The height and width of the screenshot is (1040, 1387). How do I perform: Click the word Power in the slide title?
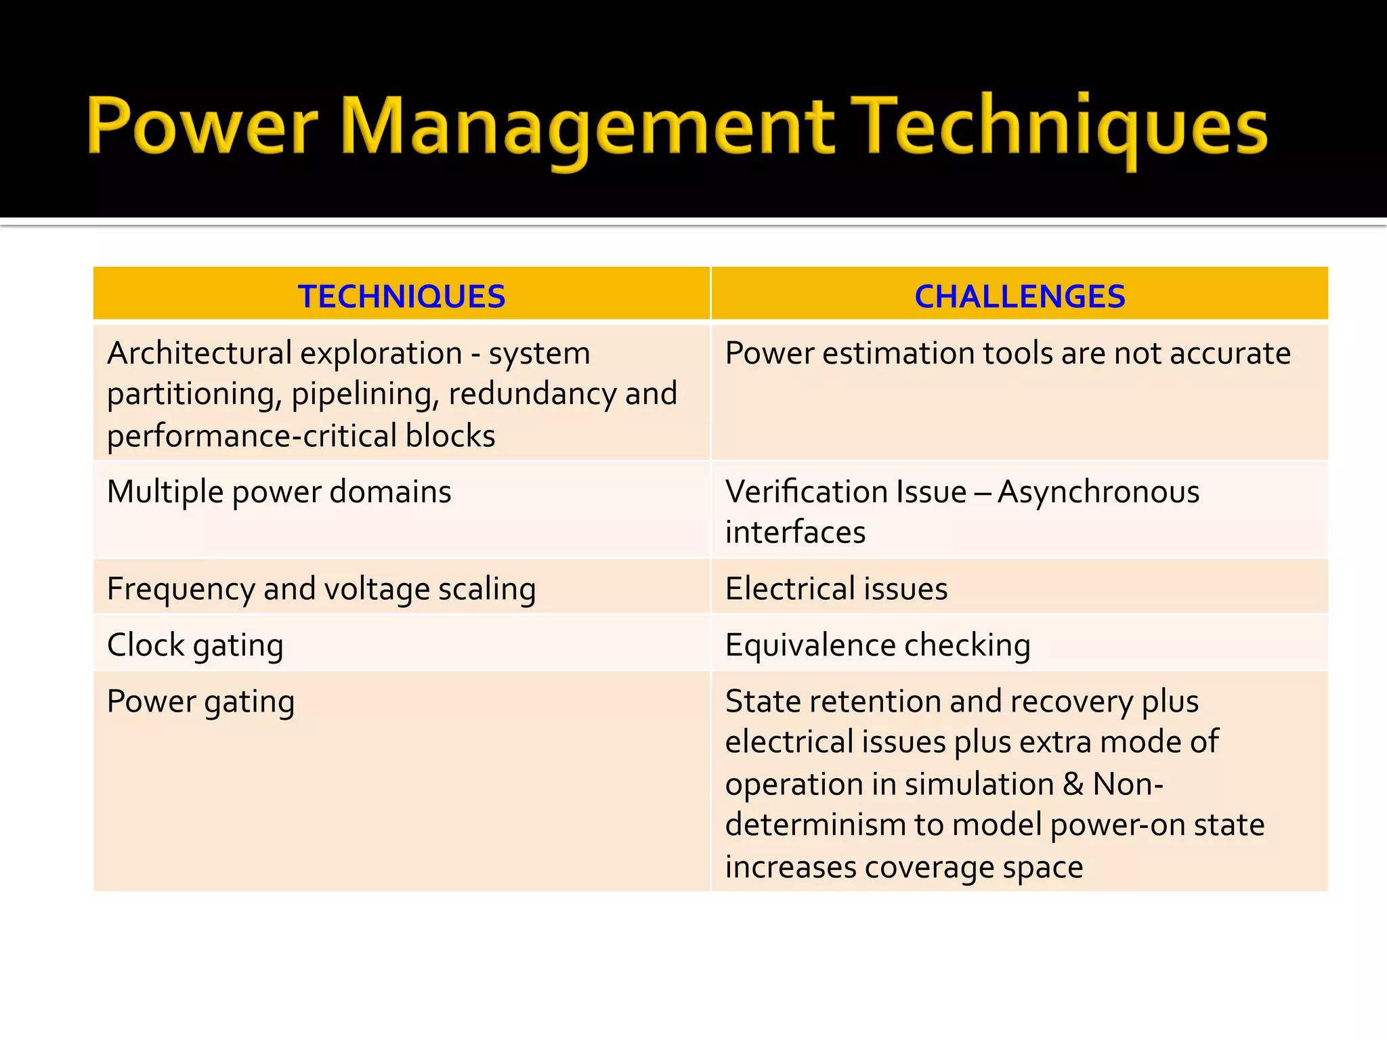click(x=202, y=126)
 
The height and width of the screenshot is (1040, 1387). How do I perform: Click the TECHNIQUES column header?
click(x=402, y=297)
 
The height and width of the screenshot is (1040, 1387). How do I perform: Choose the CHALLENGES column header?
click(x=1019, y=297)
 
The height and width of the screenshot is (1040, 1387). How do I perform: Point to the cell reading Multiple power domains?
click(x=279, y=492)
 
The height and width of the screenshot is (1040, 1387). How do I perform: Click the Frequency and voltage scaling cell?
click(x=322, y=589)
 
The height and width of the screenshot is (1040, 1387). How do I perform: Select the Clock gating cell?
click(x=195, y=645)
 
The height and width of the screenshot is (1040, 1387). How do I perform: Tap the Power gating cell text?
click(x=201, y=701)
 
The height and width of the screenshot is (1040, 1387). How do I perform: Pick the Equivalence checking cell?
click(x=878, y=645)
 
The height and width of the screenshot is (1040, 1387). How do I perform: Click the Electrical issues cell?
click(x=836, y=589)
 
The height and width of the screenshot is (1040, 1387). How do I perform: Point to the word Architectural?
click(x=199, y=353)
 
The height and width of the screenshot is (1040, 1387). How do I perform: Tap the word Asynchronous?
click(x=1098, y=492)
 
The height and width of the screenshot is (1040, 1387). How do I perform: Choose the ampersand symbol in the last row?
click(x=1073, y=785)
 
